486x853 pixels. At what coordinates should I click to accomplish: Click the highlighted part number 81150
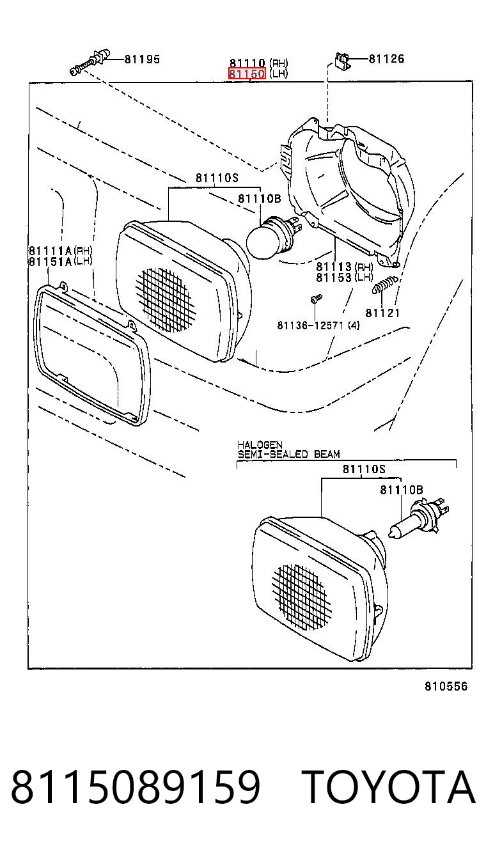coord(247,74)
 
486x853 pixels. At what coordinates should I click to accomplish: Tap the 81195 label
coord(142,59)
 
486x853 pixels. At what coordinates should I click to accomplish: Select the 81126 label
coord(386,59)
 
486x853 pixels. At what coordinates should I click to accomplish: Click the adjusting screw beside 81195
coord(90,61)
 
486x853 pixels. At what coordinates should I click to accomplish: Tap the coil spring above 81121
coord(384,284)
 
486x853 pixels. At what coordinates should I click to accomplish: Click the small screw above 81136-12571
coord(316,298)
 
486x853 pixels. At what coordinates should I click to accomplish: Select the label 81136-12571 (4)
coord(318,325)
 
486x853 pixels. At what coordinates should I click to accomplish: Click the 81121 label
coord(383,313)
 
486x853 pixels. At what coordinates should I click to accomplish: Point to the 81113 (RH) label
coord(344,267)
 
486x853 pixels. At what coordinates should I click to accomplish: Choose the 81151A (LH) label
coord(61,262)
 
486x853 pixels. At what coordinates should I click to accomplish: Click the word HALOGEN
coord(260,445)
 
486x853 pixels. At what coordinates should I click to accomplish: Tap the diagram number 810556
coord(446,686)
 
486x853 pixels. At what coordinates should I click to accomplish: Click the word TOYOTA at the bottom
coord(389,787)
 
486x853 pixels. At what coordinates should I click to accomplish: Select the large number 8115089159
coord(136,787)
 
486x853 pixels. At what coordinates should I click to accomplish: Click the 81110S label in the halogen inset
coord(364,469)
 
